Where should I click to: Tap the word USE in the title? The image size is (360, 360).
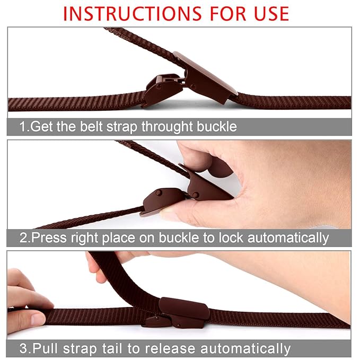coord(271,14)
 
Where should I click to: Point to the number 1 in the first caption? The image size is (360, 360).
coord(23,127)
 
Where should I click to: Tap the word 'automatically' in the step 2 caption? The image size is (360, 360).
coord(288,238)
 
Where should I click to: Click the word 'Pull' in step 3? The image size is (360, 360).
coord(45,348)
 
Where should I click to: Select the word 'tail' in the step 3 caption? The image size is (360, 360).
coord(112,348)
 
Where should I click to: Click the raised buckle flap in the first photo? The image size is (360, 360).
coord(206,77)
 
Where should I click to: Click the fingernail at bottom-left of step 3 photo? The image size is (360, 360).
coord(38,319)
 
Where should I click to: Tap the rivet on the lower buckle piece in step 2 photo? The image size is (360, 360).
coord(159,192)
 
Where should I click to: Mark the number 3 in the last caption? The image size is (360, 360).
coord(23,348)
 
